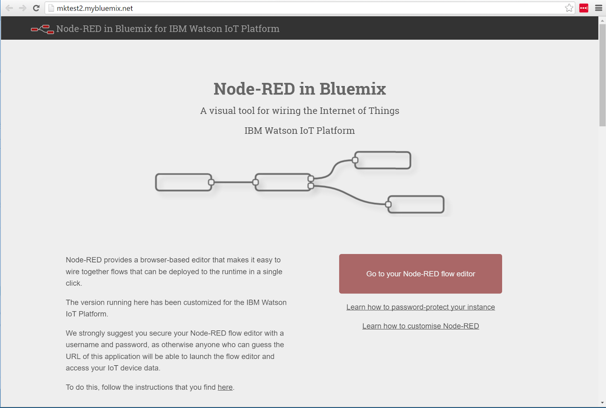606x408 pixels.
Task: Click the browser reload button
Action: [x=36, y=8]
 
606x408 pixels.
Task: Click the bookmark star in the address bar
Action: [x=569, y=8]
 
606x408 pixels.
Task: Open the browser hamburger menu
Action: [x=599, y=8]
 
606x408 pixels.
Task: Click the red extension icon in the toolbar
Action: [x=584, y=8]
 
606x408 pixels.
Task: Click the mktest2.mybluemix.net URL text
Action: [x=95, y=8]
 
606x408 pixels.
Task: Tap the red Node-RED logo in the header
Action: [x=42, y=29]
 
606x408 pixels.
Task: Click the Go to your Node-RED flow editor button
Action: [x=420, y=274]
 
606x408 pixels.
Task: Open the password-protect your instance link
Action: [x=420, y=307]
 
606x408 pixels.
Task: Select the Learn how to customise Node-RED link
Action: [x=420, y=326]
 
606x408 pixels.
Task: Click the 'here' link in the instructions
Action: [x=225, y=387]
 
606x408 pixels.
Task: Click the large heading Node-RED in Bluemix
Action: [x=300, y=89]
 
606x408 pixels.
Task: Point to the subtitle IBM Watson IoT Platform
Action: [x=300, y=131]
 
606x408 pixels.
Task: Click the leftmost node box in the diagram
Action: [x=184, y=182]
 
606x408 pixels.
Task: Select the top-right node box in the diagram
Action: [x=383, y=161]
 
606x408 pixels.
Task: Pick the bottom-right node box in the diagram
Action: [x=416, y=204]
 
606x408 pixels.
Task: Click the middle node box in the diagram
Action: [x=283, y=182]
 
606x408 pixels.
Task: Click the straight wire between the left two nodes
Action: [x=233, y=182]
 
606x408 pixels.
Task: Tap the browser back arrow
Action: [x=9, y=8]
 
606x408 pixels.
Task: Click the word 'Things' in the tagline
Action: [x=383, y=111]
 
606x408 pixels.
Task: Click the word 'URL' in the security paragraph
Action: [x=73, y=356]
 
